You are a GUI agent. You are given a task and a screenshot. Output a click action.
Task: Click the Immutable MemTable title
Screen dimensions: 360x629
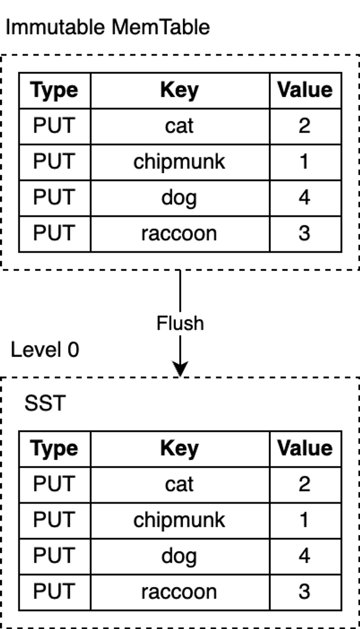(x=108, y=27)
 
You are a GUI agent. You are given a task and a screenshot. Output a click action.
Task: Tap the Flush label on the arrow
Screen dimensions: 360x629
(x=180, y=323)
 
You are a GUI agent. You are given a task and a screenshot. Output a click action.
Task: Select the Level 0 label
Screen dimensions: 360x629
(x=45, y=349)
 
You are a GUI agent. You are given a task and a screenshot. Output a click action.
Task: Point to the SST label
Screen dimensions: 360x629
(x=45, y=403)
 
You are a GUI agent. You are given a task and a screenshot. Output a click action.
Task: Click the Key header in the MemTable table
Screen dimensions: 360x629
(x=180, y=91)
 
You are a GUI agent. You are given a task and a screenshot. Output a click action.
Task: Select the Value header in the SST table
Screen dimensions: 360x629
(x=305, y=448)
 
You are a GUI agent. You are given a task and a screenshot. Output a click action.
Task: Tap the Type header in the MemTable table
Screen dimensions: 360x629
(x=55, y=91)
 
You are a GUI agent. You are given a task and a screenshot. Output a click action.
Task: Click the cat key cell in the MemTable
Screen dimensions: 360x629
(x=180, y=127)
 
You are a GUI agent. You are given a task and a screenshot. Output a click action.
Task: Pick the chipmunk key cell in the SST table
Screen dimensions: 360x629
(x=180, y=520)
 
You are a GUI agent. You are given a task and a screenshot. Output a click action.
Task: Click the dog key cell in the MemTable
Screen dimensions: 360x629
(x=180, y=198)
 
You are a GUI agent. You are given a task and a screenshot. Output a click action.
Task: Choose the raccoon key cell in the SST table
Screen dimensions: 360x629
(x=180, y=592)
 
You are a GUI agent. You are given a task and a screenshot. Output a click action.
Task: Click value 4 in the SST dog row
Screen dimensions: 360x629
(x=305, y=556)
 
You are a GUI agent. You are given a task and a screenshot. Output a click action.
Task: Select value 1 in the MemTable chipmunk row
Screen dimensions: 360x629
(x=305, y=162)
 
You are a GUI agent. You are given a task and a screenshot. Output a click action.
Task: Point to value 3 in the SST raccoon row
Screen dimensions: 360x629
(x=305, y=592)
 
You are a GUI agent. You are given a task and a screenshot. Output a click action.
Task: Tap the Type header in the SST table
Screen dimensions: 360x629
(x=55, y=448)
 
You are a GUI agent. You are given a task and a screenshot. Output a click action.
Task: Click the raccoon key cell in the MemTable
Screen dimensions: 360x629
(x=180, y=234)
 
